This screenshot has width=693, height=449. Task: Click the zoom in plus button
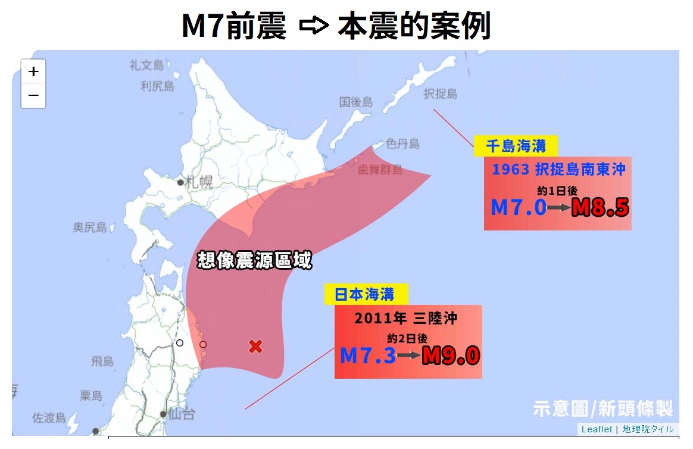[x=33, y=72]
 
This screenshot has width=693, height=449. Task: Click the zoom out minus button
[x=33, y=95]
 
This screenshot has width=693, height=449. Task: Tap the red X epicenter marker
[x=255, y=346]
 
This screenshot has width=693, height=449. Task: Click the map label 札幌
[x=198, y=182]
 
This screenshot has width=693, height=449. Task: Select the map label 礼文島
[x=146, y=65]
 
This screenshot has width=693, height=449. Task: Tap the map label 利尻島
[x=157, y=86]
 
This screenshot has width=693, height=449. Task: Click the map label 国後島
[x=356, y=102]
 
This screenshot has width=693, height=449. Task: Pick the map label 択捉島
[x=441, y=93]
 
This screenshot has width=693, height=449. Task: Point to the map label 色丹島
[x=402, y=144]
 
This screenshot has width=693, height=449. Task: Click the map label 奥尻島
[x=90, y=227]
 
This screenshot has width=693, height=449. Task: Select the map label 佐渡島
[x=48, y=417]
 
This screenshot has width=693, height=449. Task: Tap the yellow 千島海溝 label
[x=516, y=146]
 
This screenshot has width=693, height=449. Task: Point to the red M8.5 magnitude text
[x=600, y=207]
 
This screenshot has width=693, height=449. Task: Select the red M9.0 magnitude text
[x=451, y=356]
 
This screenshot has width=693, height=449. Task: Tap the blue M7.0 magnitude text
[x=518, y=207]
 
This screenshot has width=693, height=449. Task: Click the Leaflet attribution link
[x=597, y=429]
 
